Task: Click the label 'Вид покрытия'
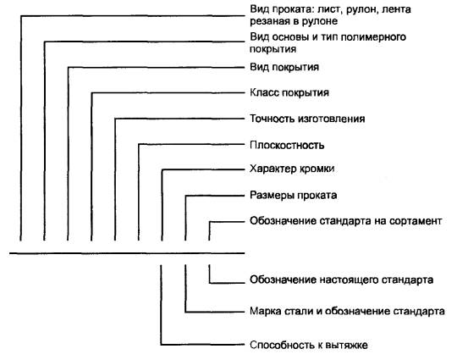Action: (284, 67)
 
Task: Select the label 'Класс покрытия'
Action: (289, 92)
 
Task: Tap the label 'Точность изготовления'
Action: (307, 119)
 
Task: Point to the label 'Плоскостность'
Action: (287, 145)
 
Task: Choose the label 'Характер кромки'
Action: (292, 169)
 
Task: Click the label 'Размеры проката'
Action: (294, 196)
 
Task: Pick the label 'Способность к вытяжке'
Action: (309, 345)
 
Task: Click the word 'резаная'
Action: (268, 21)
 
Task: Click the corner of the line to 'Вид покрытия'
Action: (69, 68)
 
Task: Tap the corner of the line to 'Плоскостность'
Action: (139, 145)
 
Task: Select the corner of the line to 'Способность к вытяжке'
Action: (161, 345)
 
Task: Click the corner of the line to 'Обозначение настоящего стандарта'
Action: (209, 283)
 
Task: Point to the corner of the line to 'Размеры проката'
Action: (185, 196)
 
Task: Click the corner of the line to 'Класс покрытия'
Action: (91, 93)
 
